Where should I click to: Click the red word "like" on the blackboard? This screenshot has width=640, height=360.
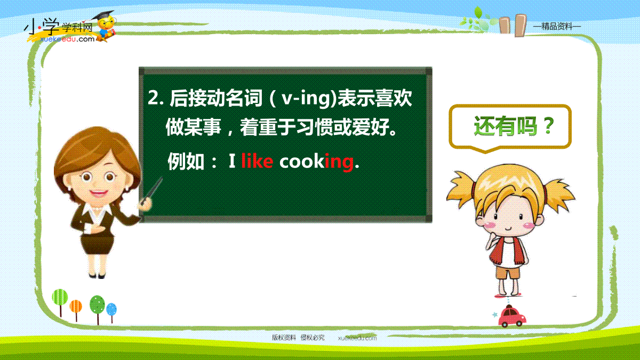point(257,161)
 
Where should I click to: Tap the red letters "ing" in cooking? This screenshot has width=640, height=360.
point(339,163)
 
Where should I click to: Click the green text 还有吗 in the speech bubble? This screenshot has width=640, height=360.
point(506,126)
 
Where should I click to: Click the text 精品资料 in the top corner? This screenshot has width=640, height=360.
point(557,27)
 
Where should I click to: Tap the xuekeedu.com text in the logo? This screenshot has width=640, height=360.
point(67,39)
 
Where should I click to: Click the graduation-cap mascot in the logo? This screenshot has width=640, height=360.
point(106,26)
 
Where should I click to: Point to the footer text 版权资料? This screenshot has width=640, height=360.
point(284,338)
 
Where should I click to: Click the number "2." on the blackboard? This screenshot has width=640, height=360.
point(156,98)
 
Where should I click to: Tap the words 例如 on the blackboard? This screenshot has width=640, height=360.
point(186,162)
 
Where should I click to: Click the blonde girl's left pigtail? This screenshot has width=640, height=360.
point(461,189)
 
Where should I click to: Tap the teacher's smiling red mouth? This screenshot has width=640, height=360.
point(98,193)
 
